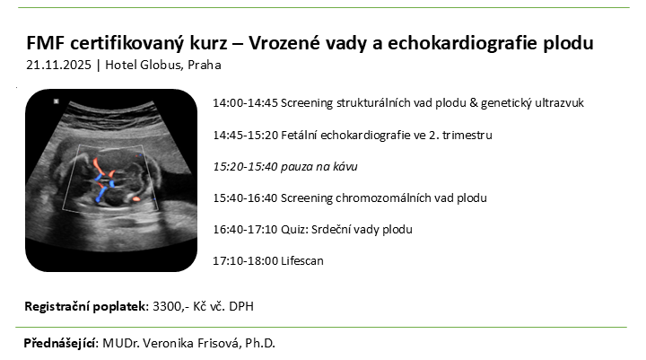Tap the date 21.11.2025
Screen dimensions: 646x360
click(58, 66)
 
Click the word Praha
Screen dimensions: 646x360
click(205, 66)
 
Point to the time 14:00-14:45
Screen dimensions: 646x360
click(246, 103)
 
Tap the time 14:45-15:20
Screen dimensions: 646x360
click(246, 136)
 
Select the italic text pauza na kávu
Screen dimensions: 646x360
click(319, 167)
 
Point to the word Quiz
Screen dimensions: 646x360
click(294, 230)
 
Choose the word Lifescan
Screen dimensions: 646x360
click(302, 261)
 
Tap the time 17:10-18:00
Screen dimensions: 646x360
click(246, 261)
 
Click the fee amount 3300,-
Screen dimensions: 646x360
click(171, 307)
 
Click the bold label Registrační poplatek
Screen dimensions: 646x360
click(86, 307)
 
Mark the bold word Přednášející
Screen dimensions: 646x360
click(61, 344)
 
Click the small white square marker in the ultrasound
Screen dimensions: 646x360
click(57, 101)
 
